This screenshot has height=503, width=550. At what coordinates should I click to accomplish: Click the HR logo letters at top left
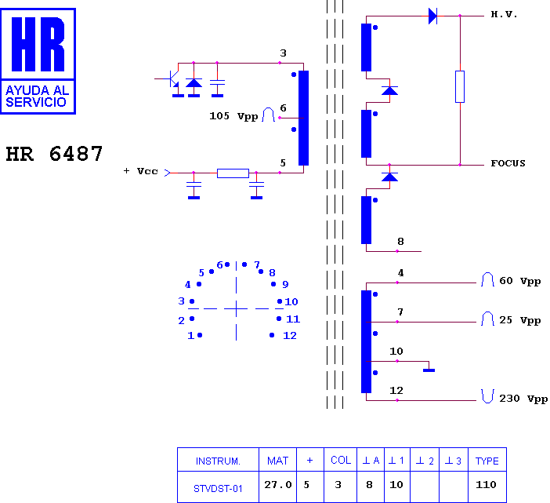pyautogui.click(x=38, y=44)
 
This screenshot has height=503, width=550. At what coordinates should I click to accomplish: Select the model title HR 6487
pyautogui.click(x=54, y=154)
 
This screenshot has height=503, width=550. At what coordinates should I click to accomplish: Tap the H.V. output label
pyautogui.click(x=504, y=14)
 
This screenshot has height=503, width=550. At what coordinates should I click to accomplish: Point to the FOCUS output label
pyautogui.click(x=508, y=163)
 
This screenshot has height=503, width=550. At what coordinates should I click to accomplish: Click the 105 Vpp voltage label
pyautogui.click(x=233, y=116)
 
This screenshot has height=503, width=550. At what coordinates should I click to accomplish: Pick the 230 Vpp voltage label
pyautogui.click(x=523, y=399)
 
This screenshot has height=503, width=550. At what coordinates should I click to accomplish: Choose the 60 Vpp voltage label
pyautogui.click(x=519, y=281)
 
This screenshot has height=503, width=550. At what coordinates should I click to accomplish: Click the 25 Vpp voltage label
pyautogui.click(x=519, y=320)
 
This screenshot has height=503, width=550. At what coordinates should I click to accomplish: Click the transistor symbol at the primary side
pyautogui.click(x=172, y=78)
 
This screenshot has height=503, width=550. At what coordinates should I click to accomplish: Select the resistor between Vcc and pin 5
pyautogui.click(x=233, y=173)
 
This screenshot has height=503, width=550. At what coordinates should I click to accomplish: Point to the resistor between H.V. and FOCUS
pyautogui.click(x=460, y=87)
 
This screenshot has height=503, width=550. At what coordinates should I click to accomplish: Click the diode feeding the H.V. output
pyautogui.click(x=432, y=16)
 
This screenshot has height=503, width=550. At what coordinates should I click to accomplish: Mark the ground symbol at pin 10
pyautogui.click(x=429, y=370)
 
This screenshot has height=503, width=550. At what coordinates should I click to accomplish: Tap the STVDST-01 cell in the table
pyautogui.click(x=218, y=489)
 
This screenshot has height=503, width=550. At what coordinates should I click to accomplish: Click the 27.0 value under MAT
pyautogui.click(x=278, y=485)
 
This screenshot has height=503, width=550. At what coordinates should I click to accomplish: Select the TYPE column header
pyautogui.click(x=487, y=461)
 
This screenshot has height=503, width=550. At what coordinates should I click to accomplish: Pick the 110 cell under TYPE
pyautogui.click(x=486, y=485)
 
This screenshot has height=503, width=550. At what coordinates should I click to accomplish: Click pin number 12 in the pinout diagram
pyautogui.click(x=290, y=335)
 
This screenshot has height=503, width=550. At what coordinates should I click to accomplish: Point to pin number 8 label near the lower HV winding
pyautogui.click(x=400, y=242)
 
